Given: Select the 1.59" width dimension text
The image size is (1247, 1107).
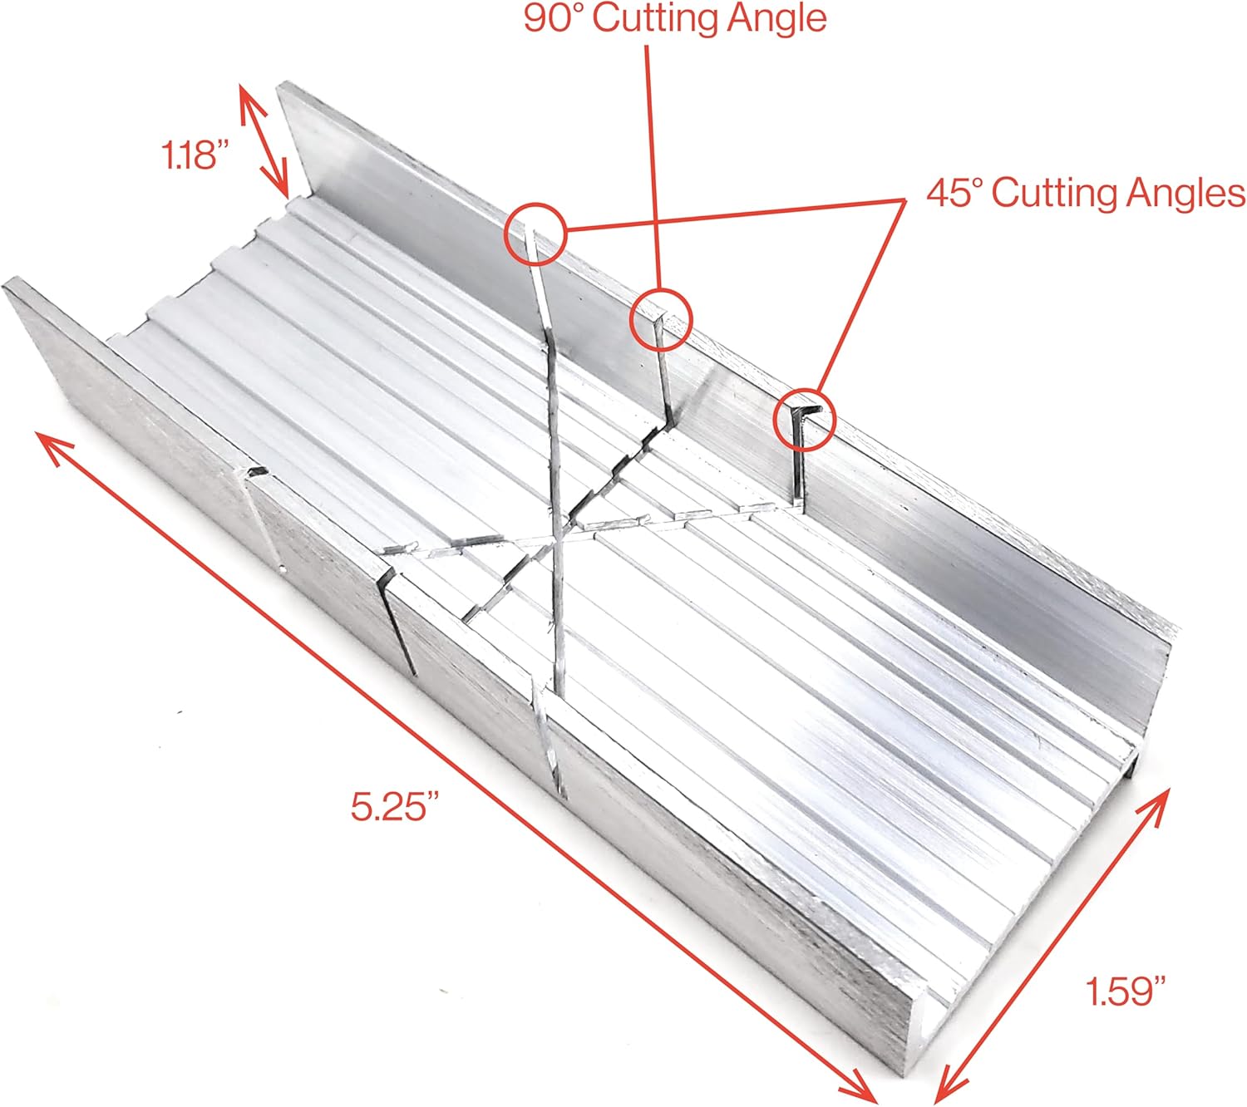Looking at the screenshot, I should tap(1126, 991).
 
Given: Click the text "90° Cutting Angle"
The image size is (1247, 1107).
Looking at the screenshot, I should tap(675, 18).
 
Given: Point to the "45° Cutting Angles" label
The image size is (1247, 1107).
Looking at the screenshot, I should tap(1086, 193).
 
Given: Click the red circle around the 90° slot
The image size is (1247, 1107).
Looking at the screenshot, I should tap(661, 317).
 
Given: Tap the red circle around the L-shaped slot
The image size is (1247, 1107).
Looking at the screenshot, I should tap(804, 419).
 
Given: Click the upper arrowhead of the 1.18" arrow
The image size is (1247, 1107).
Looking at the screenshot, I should tap(244, 91).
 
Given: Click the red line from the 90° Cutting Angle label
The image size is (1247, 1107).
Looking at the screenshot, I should tap(653, 166).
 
